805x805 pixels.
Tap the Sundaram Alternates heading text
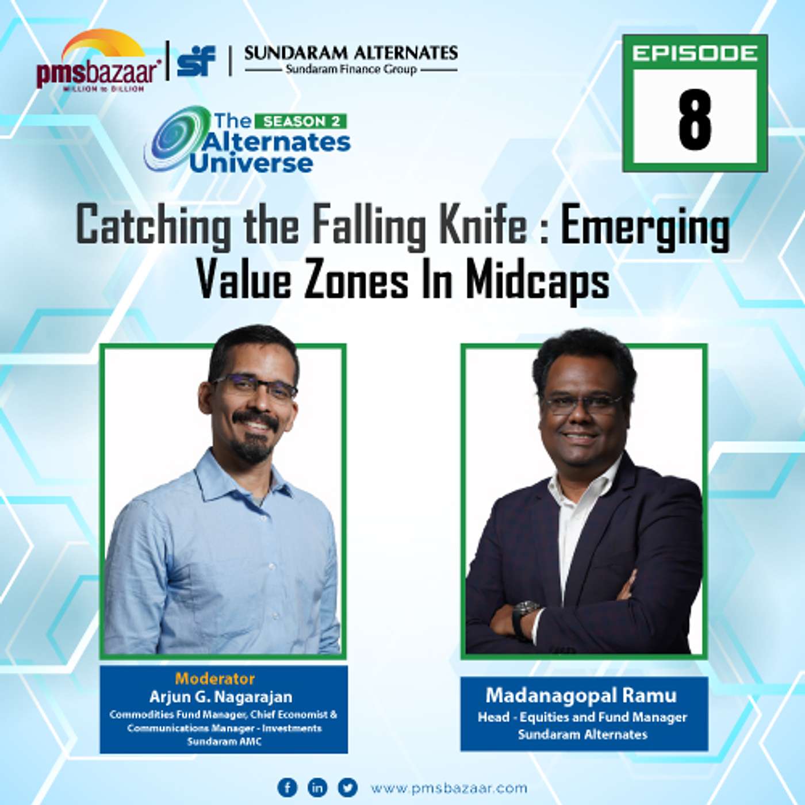click(351, 53)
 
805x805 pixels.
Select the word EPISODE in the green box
click(695, 53)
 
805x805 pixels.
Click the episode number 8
click(695, 121)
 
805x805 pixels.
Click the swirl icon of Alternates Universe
click(172, 138)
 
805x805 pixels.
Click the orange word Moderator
click(215, 678)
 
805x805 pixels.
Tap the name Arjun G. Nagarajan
click(221, 697)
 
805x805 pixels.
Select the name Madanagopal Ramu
click(581, 695)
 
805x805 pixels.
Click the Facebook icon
click(287, 787)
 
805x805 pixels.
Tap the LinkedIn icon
click(317, 787)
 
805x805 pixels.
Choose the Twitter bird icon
click(347, 787)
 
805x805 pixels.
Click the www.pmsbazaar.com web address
click(448, 788)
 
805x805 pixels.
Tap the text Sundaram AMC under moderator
click(224, 741)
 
